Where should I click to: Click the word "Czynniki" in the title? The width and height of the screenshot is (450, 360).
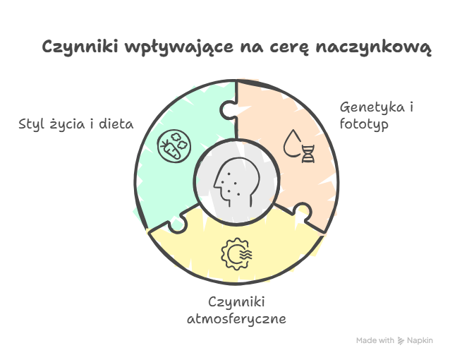pos(80,47)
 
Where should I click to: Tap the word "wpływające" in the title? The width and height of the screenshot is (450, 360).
pos(179,47)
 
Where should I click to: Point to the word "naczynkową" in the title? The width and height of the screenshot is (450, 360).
pos(374,47)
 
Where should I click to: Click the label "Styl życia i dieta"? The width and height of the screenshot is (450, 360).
pos(76,124)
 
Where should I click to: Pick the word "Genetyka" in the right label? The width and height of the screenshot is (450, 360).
pos(372,108)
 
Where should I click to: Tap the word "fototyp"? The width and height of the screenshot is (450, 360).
pos(364,125)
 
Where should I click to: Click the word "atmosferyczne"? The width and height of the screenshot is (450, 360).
pos(236,319)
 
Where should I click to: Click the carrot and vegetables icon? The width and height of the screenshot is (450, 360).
pos(174,146)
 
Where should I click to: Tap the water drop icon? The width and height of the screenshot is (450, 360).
pos(293,143)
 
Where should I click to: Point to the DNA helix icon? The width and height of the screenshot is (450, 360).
pos(308,154)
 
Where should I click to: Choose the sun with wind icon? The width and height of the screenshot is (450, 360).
pos(236,253)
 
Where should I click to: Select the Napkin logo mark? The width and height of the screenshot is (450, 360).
pos(401,341)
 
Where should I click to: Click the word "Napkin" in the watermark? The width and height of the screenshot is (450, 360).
pos(420,341)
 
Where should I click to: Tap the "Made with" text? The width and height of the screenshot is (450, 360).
pos(375,340)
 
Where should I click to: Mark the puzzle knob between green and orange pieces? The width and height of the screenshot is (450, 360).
pos(229,110)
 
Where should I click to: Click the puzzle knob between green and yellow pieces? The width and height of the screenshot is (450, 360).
pos(177,223)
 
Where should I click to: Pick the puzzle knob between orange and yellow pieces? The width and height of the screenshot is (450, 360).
pos(303,212)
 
